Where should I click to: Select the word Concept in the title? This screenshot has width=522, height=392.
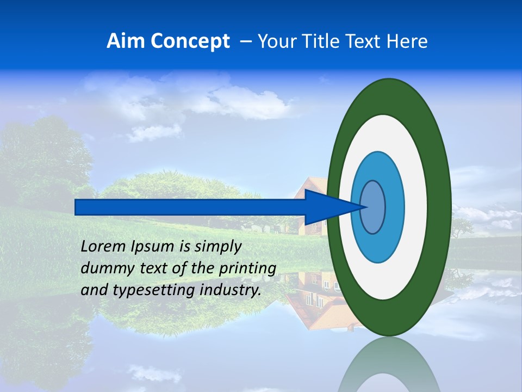click(190, 41)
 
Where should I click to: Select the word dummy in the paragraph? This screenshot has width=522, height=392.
click(104, 268)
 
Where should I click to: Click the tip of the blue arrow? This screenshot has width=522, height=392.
click(368, 207)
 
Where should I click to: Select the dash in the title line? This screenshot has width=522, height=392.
click(245, 41)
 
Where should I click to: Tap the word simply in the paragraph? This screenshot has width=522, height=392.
click(218, 247)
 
